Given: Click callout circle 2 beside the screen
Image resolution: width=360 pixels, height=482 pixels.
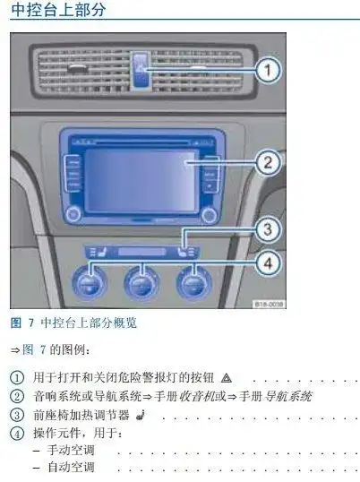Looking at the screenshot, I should tap(264, 162).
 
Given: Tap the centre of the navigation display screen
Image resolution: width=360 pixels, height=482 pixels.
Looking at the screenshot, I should tap(141, 179).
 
